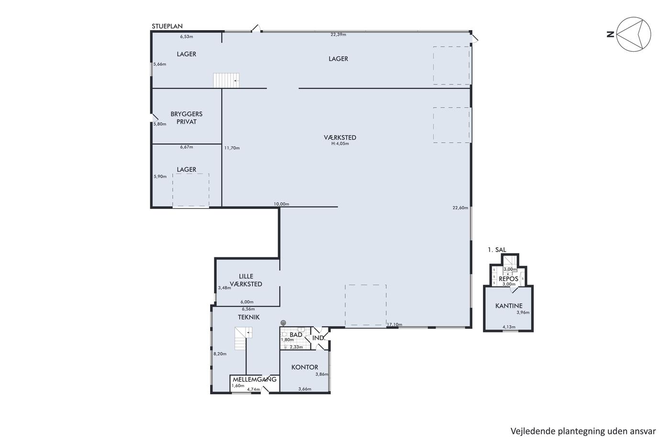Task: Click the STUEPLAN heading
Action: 167,26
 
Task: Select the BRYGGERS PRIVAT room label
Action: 186,118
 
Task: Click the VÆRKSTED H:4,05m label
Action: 340,139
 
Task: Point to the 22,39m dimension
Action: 338,34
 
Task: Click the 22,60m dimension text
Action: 460,208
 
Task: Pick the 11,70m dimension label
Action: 232,148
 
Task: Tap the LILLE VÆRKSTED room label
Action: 246,280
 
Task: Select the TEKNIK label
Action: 248,317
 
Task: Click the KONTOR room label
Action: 305,367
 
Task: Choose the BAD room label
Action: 296,335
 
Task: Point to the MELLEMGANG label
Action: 255,379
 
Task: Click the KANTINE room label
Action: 509,306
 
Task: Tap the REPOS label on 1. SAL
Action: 508,279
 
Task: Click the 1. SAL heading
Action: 497,250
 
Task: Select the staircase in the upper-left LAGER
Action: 226,80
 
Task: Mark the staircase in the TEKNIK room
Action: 243,339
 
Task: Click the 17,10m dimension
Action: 394,324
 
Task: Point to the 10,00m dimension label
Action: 281,204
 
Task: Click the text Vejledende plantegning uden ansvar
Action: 583,432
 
